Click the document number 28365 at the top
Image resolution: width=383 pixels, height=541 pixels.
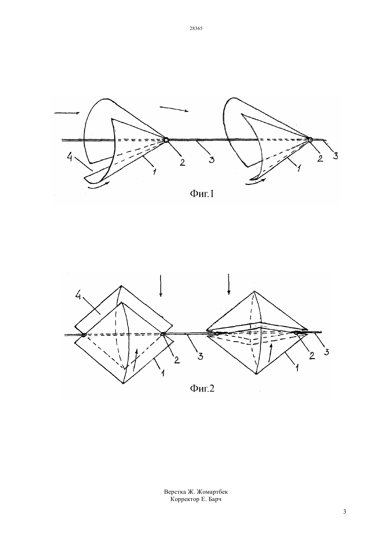coord(196,28)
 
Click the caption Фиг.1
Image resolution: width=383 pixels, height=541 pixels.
coord(202,194)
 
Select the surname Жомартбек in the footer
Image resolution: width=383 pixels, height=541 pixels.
coord(212,492)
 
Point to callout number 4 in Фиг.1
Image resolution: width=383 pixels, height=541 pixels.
coord(70,158)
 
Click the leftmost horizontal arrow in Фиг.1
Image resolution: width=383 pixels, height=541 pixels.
coord(67,113)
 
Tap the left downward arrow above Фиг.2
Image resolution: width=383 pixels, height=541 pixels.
coord(161,285)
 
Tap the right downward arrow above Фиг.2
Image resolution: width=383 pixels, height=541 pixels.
coord(229,284)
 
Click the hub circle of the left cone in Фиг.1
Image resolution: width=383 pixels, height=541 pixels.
coord(166,140)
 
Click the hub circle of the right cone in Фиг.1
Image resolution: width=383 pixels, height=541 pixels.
coord(310,139)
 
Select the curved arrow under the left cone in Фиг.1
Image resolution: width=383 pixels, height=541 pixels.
coord(98,187)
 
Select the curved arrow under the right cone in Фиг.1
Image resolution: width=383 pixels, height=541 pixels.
coord(256,183)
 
